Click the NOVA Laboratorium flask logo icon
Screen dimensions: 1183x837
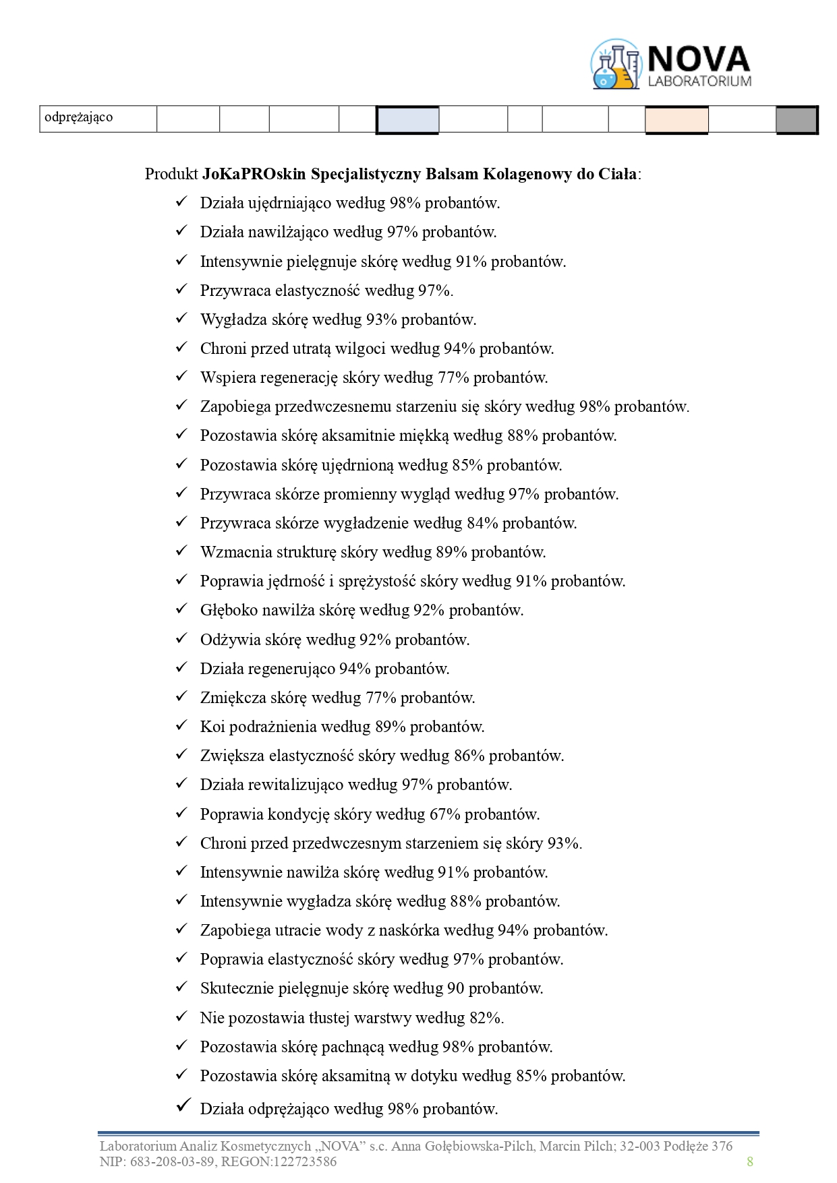[x=616, y=65]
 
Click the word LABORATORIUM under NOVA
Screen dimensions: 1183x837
[x=699, y=82]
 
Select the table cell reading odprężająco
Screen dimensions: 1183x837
[x=78, y=117]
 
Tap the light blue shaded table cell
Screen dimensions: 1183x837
[x=407, y=120]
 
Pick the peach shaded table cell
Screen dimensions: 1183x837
[x=676, y=120]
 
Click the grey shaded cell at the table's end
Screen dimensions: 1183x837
[x=797, y=120]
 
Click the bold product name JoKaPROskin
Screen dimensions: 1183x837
[x=254, y=174]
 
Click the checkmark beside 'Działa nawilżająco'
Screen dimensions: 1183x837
[x=181, y=231]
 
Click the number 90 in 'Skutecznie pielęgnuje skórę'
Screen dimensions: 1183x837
[x=455, y=988]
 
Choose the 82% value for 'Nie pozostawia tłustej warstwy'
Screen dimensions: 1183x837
[x=486, y=1018]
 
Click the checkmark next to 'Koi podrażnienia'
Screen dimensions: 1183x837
[x=181, y=726]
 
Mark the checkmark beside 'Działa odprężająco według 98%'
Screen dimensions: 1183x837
[x=181, y=1106]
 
